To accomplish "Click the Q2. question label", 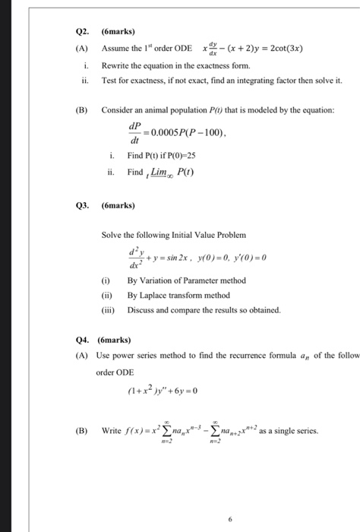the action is pos(84,32).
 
